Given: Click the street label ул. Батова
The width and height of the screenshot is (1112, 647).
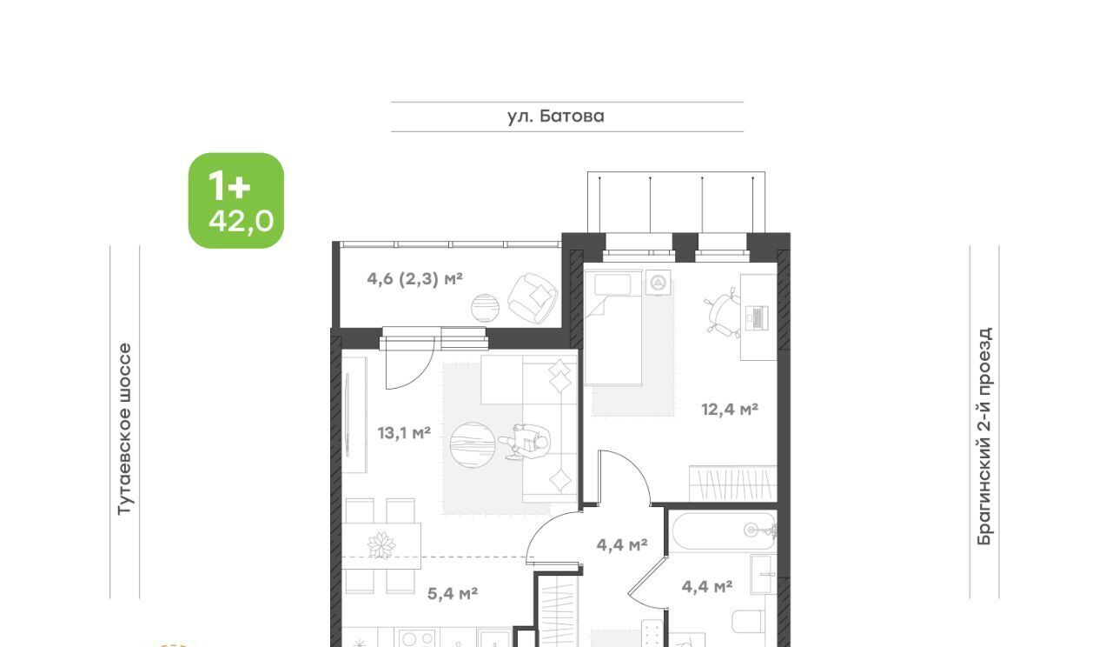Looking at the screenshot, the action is [555, 117].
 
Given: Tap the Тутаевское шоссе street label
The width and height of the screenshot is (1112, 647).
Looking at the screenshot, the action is [124, 430].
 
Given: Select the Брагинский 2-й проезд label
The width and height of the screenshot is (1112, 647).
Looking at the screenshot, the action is [984, 436].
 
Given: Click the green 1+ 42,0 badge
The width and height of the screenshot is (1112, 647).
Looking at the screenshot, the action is [236, 200].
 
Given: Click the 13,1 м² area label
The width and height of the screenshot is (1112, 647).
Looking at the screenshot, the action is [404, 433].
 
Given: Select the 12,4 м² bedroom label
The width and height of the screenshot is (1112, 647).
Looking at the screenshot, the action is [729, 410].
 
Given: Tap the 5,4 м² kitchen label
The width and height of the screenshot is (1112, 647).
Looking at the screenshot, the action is [453, 593].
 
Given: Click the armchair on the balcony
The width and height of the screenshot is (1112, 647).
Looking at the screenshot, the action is [533, 298].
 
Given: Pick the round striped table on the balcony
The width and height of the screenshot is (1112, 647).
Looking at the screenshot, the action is [485, 308].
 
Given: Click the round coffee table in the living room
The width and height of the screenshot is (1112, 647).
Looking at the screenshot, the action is [473, 444].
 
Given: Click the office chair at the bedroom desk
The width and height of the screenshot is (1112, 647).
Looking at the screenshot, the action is [722, 311].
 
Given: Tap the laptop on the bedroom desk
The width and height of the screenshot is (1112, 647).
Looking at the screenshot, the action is [757, 318].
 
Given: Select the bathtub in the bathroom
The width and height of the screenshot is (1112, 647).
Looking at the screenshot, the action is [724, 531].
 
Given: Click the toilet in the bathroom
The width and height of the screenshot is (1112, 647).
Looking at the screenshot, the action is [749, 622].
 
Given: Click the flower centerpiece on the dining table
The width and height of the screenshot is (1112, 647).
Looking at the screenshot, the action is [381, 545].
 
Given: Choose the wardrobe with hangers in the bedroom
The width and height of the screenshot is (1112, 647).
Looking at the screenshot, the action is [732, 484].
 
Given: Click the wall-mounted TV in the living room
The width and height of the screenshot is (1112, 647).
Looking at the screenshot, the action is [347, 415].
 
